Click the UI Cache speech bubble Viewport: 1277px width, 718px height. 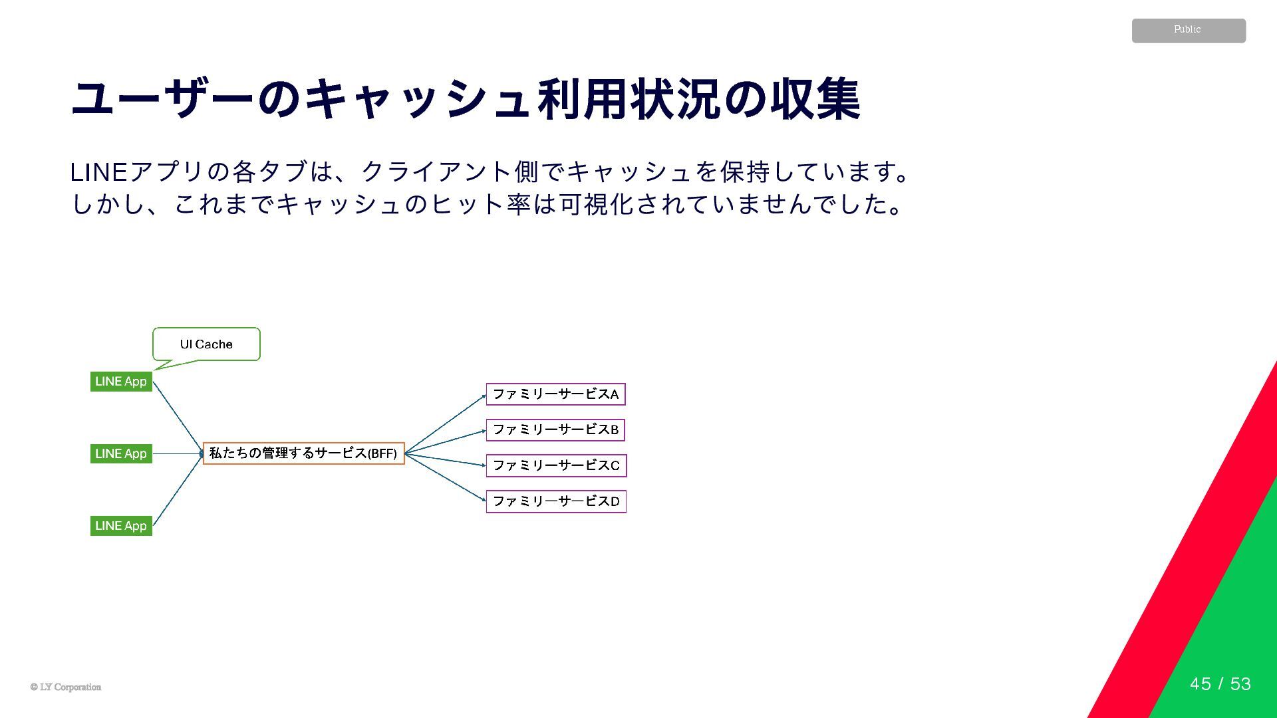click(206, 344)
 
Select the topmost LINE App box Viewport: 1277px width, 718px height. click(121, 382)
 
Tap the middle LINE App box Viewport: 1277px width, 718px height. click(121, 454)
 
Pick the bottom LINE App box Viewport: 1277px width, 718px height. click(121, 526)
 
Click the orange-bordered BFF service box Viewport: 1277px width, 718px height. click(303, 453)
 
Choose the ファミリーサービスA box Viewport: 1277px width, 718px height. click(555, 394)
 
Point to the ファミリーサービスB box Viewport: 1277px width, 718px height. click(555, 430)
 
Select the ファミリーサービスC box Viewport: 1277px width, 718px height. click(556, 465)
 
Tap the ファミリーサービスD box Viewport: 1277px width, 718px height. click(556, 501)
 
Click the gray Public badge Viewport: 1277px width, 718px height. click(1189, 31)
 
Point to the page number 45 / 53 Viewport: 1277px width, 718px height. click(1220, 684)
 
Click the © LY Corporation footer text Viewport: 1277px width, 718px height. click(66, 687)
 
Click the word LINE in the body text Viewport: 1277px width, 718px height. click(98, 172)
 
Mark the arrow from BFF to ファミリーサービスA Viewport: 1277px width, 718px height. click(446, 424)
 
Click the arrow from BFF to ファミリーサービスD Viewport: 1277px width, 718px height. click(446, 477)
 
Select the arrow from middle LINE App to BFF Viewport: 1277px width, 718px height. click(178, 454)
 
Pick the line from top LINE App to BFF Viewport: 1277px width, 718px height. click(178, 418)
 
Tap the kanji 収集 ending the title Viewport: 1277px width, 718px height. click(815, 100)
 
